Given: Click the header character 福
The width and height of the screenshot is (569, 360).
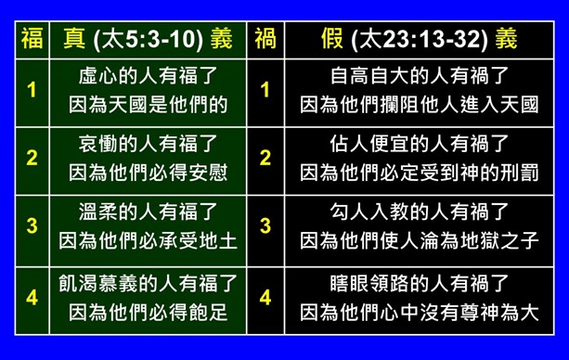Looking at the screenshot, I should pos(32,39).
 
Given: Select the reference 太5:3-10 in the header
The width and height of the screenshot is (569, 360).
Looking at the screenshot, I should pos(159,40).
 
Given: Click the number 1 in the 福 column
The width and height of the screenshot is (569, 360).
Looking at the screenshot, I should pos(32,90).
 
